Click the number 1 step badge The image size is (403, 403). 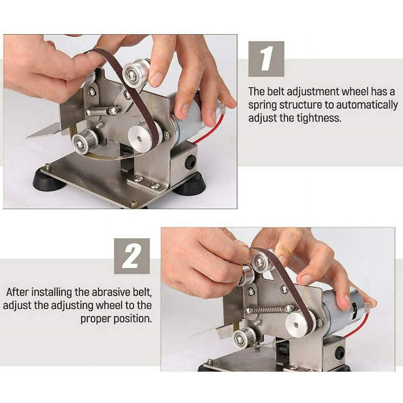click(266, 59)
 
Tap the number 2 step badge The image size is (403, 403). click(132, 256)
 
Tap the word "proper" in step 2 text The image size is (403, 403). click(97, 319)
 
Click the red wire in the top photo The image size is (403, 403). click(210, 131)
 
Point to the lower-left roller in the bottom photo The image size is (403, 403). click(245, 337)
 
